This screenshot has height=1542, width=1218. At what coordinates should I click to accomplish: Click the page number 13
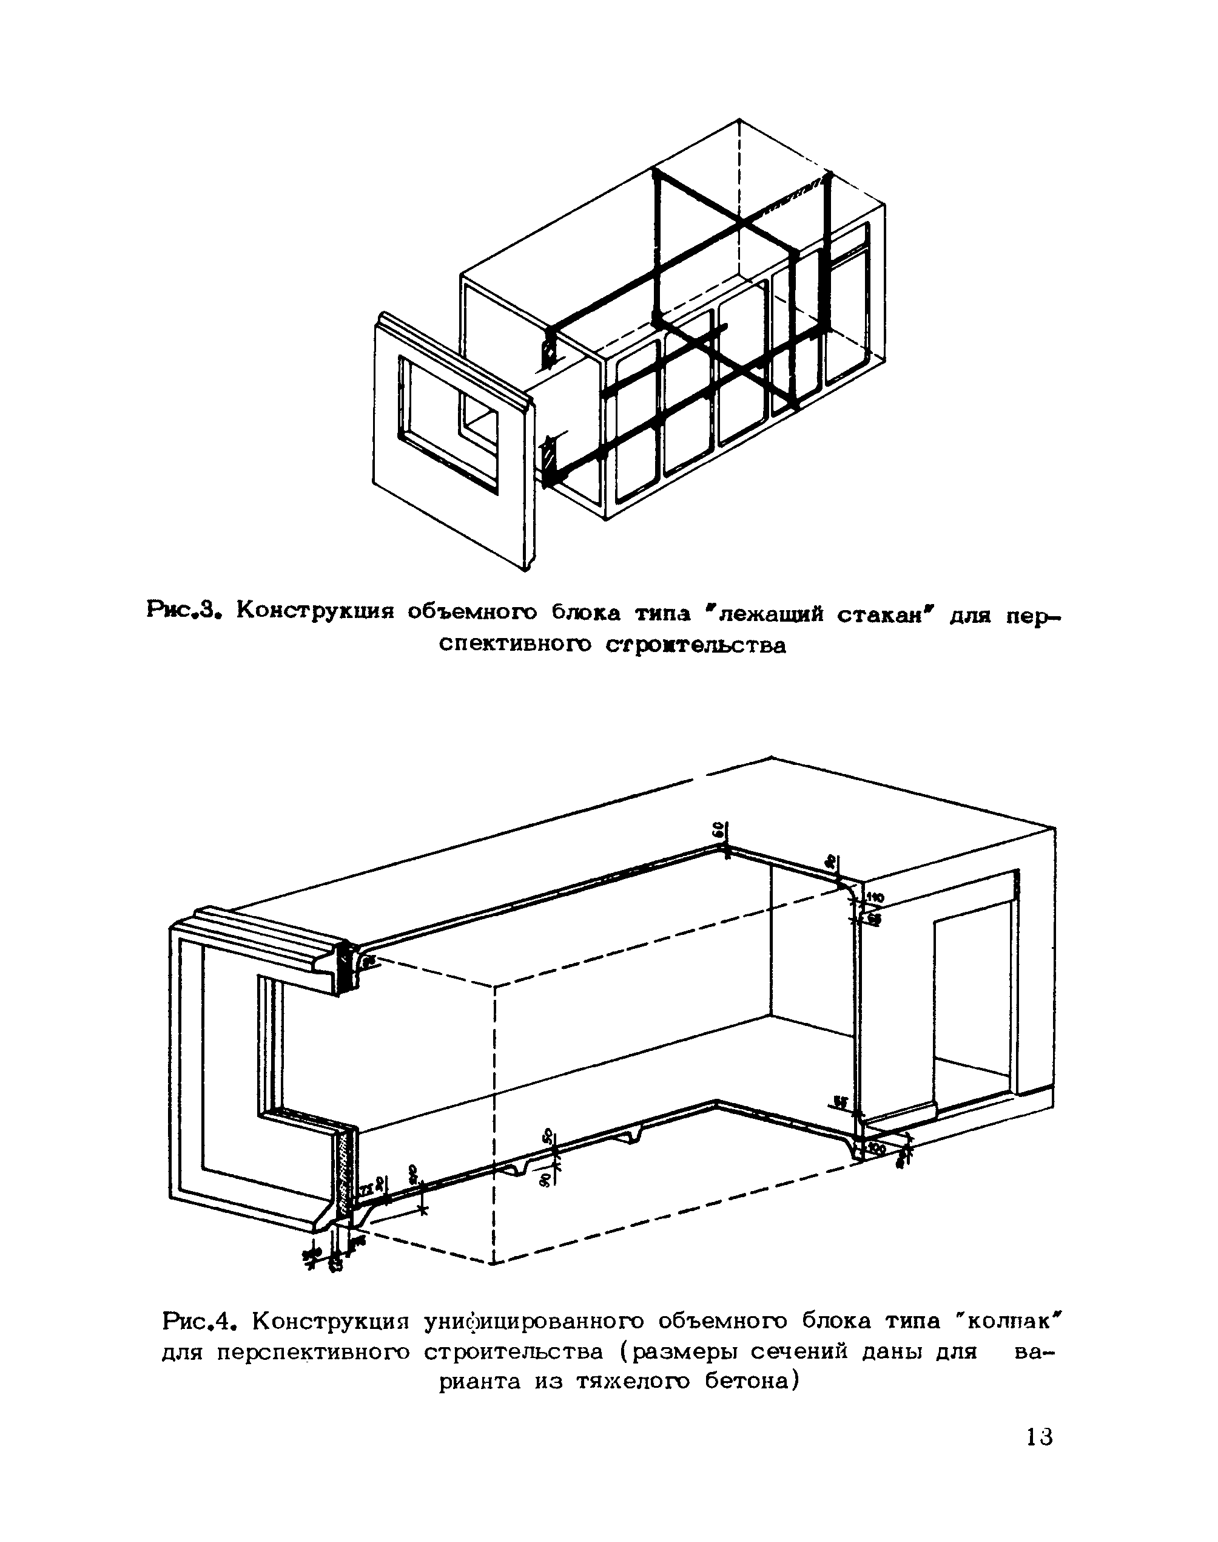coord(1039,1436)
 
